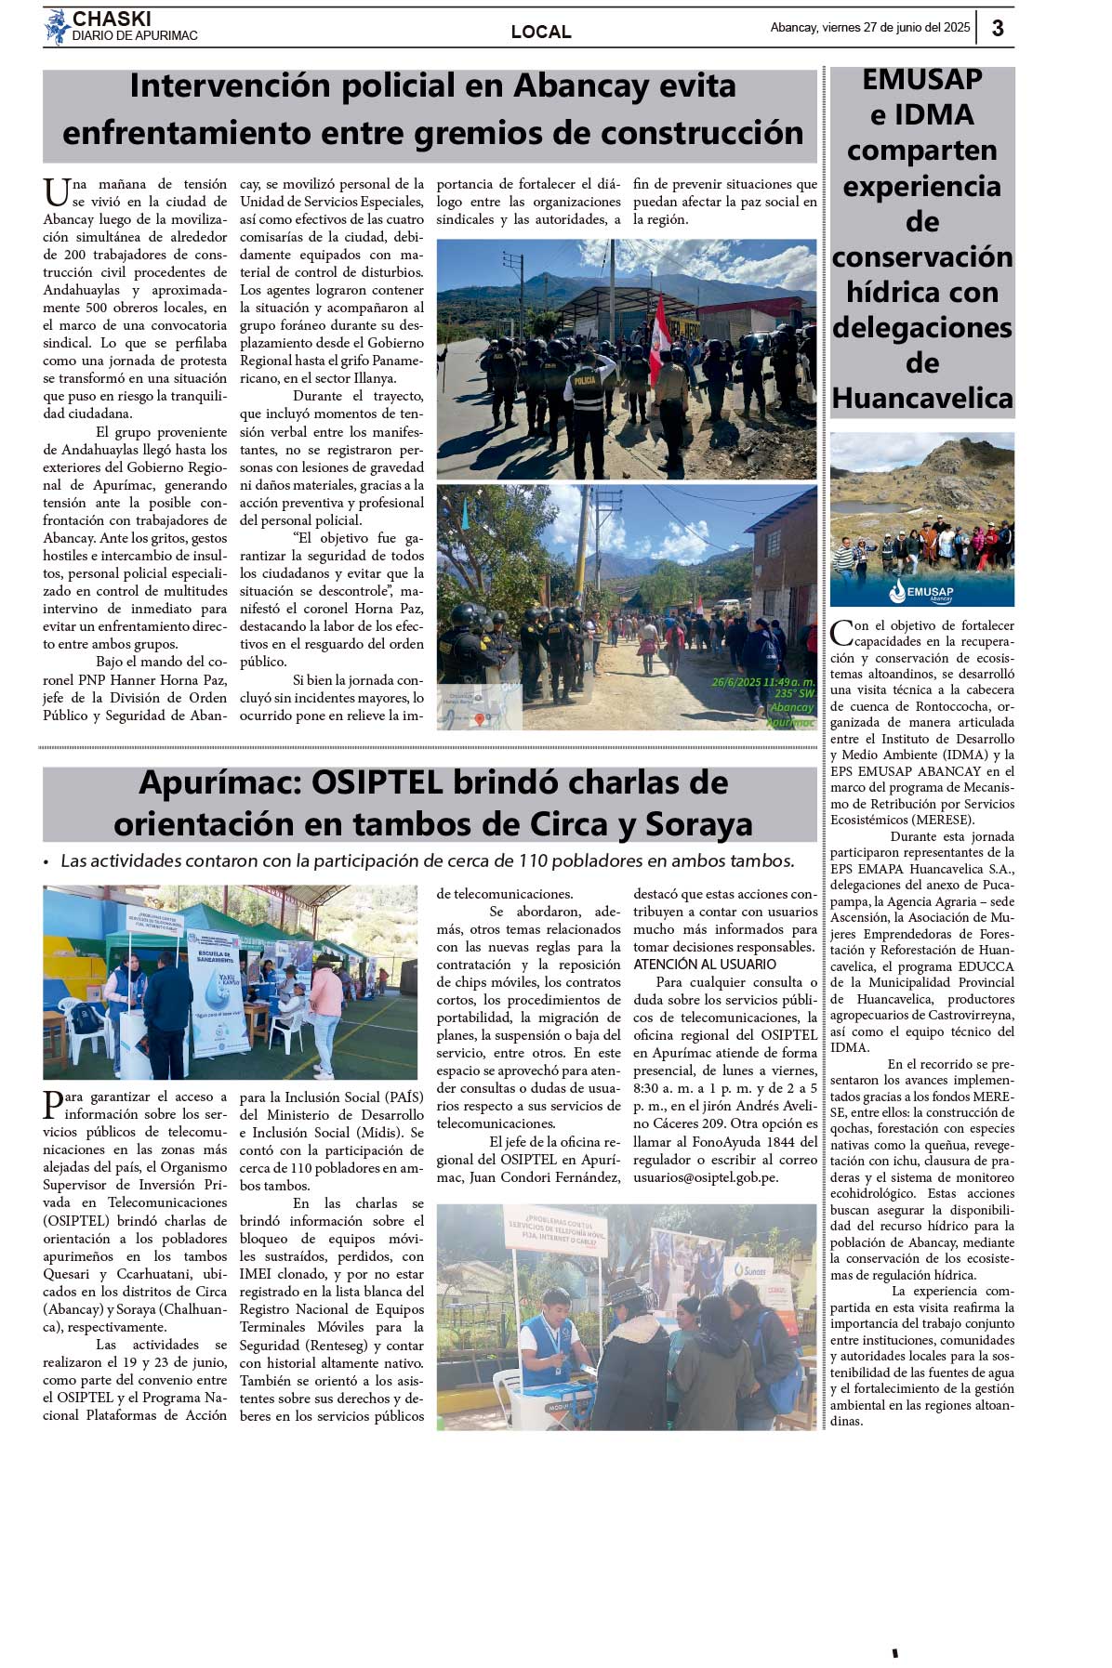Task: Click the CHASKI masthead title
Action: coord(112,19)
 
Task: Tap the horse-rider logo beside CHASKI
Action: coord(58,27)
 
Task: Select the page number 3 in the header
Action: coord(998,28)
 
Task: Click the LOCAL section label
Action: coord(541,33)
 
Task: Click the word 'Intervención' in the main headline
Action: coord(230,86)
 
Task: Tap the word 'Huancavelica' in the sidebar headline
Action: coord(922,399)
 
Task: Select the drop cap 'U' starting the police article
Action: coord(56,192)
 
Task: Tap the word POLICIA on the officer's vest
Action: coord(586,381)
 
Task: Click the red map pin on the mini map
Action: coord(480,718)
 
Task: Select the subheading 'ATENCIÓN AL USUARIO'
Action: coord(705,965)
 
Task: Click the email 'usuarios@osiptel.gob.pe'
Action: coord(706,1177)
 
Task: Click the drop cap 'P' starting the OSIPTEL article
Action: coord(53,1104)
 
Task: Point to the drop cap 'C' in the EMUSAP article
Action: coord(841,633)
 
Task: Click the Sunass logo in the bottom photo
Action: coord(753,1268)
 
